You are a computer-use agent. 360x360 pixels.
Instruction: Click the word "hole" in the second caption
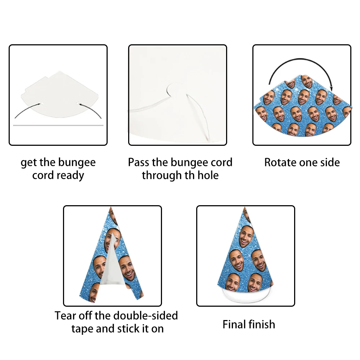pos(208,175)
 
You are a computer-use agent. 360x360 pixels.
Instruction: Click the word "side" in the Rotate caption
pos(330,163)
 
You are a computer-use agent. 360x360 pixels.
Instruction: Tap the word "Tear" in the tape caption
pos(65,316)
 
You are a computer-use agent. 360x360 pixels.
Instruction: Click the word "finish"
pos(262,324)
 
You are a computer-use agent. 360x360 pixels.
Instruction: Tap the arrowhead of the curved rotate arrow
pos(331,89)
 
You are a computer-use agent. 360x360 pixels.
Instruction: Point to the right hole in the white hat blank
pos(78,104)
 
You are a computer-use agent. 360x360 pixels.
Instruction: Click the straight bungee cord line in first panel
pos(58,125)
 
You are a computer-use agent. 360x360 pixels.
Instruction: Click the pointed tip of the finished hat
pos(245,207)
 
